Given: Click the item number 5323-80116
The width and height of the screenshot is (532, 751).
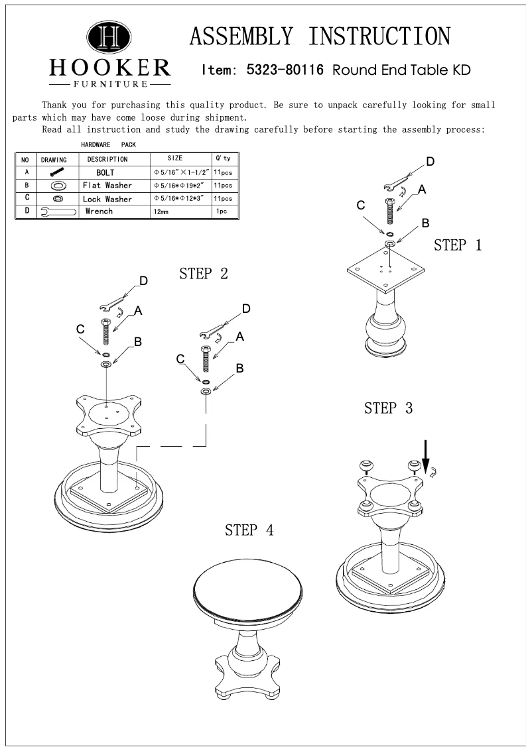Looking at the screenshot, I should (x=285, y=70).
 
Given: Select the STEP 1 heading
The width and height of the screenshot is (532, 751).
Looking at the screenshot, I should (x=458, y=245).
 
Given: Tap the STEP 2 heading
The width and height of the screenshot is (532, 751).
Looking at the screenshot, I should (x=204, y=274).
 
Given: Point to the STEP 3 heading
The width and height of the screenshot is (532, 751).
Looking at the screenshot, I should (x=388, y=408).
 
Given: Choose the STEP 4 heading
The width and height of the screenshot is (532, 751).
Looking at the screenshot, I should (x=249, y=530).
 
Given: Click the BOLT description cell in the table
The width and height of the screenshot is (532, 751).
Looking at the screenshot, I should (x=105, y=172).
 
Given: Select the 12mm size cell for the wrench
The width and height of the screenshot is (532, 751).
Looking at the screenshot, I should (x=161, y=212).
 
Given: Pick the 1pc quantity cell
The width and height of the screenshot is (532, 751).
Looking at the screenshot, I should (x=222, y=212).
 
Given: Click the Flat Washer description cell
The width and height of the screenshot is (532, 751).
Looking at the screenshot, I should (x=107, y=186).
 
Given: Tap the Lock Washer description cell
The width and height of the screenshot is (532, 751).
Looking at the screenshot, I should (x=107, y=199).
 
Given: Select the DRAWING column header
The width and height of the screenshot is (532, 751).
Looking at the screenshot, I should (x=54, y=160).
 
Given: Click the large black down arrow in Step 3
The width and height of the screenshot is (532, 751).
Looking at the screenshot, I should (x=426, y=456).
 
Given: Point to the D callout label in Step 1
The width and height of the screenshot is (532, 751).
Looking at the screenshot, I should (x=430, y=162).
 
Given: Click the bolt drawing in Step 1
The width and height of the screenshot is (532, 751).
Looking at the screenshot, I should (x=390, y=211).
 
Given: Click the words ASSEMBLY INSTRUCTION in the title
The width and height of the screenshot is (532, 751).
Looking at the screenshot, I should (x=320, y=36).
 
